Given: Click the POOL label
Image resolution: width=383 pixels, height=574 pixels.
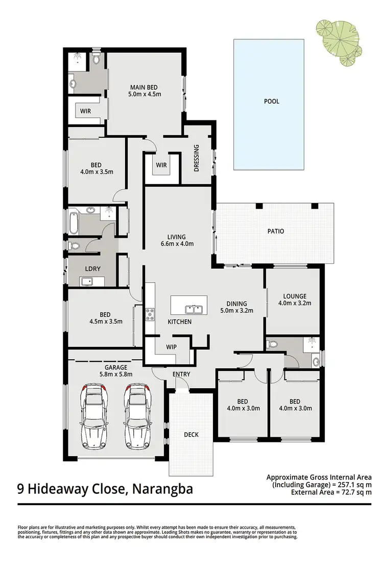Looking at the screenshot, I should [x=271, y=101].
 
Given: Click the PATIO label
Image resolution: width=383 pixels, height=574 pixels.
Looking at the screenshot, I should [x=275, y=231].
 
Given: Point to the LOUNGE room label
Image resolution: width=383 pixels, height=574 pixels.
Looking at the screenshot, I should [x=295, y=296].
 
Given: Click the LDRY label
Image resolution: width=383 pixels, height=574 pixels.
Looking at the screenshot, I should [x=85, y=268].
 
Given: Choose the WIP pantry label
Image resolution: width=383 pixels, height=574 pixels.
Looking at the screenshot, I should [x=171, y=346].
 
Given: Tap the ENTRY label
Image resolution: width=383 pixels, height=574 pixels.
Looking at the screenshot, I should [x=181, y=374].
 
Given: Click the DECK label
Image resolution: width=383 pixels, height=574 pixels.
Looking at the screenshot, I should [x=191, y=435].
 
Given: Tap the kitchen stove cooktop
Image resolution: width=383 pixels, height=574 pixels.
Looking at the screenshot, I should [x=150, y=315].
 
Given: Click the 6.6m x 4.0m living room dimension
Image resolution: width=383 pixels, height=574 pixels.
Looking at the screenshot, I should [x=176, y=243].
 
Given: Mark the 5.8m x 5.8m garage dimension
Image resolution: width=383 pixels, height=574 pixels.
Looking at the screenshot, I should [x=116, y=373].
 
